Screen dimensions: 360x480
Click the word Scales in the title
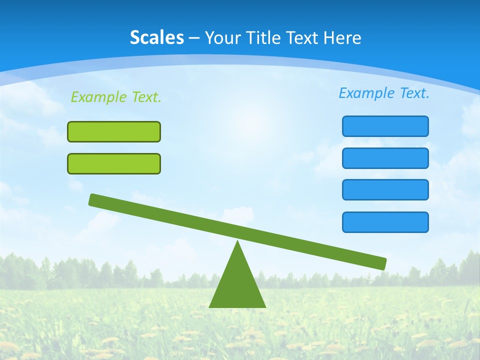[156, 37]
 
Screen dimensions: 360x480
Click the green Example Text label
[116, 97]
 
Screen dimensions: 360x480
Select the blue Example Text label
[384, 93]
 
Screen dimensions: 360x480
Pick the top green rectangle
[114, 131]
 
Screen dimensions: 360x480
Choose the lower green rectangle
[114, 163]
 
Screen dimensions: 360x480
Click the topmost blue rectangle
[385, 126]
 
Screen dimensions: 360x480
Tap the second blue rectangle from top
[385, 158]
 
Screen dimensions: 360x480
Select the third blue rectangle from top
[385, 190]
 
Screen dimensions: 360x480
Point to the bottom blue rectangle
[385, 222]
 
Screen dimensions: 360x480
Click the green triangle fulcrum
[237, 285]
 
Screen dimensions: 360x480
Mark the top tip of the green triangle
[237, 242]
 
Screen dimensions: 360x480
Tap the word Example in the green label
[99, 97]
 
